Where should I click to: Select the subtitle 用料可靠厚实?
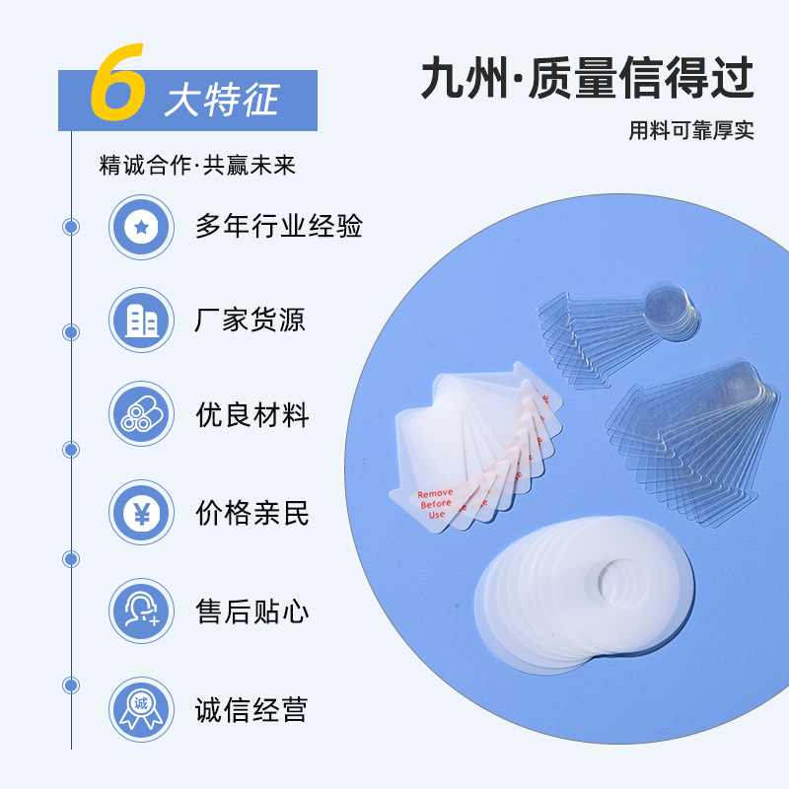690,130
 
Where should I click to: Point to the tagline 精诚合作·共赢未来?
197,165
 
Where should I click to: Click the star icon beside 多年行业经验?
141,227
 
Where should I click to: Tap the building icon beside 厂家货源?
141,320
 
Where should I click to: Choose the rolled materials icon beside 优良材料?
141,414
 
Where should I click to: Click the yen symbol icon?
141,512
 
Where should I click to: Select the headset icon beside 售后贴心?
141,610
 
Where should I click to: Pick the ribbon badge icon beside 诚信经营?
141,709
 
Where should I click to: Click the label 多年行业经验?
279,227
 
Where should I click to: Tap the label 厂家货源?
251,320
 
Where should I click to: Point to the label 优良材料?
252,414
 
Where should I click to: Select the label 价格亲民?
252,512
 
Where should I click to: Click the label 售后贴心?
252,610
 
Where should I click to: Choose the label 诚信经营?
252,709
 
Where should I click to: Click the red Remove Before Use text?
434,503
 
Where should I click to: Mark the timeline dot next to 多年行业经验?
71,227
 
